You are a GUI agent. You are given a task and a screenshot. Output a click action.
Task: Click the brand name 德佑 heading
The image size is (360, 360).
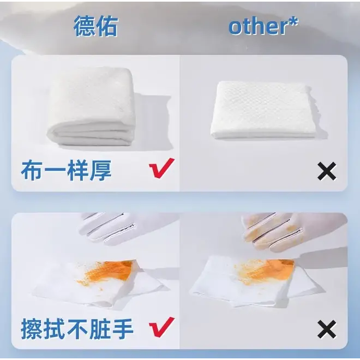(96, 26)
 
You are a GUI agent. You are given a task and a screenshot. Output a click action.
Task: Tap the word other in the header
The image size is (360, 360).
(257, 26)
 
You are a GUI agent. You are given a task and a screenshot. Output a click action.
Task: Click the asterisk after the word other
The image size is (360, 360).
(293, 22)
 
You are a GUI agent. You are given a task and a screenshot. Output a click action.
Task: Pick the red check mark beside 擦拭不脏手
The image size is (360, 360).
(161, 327)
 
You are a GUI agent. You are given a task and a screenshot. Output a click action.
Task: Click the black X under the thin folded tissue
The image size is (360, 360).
(327, 171)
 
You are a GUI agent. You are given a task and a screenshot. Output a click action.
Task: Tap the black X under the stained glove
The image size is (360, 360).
(327, 329)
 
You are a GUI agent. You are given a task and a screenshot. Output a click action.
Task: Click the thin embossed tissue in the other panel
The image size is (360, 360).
(264, 110)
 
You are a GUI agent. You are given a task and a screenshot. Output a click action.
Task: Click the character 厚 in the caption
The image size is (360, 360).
(100, 171)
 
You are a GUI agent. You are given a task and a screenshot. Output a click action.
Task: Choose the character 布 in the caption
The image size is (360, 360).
(32, 171)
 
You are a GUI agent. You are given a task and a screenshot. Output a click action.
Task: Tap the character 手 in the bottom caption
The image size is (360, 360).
(123, 329)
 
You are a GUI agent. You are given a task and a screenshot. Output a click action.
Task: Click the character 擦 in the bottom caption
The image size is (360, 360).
(32, 329)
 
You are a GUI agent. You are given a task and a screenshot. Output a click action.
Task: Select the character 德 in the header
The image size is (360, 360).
(85, 26)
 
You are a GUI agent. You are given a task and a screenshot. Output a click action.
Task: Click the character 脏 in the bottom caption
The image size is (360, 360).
(100, 329)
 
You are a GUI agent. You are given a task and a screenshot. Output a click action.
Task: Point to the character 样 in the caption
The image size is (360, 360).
(77, 171)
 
